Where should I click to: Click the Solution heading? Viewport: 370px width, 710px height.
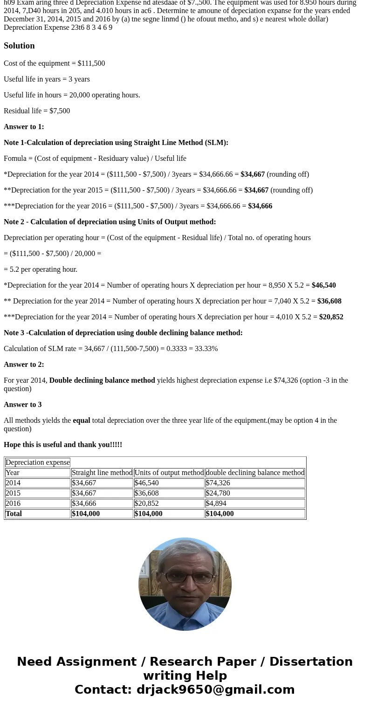[x=19, y=46]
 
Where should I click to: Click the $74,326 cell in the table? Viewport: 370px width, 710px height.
[x=218, y=483]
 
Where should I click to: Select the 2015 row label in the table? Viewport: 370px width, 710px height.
[x=13, y=493]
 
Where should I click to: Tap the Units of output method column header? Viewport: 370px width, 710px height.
[x=169, y=473]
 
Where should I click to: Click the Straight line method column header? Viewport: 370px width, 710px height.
[x=102, y=473]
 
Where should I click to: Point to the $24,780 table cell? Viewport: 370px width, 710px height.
[x=218, y=493]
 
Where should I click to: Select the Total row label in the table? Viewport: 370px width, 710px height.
[x=14, y=514]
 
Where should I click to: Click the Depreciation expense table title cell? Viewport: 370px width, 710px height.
[x=37, y=462]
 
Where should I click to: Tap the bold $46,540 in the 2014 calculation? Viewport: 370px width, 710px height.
[x=323, y=285]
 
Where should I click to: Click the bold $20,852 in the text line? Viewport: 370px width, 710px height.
[x=331, y=317]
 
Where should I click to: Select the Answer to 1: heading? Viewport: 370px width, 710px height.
[x=24, y=127]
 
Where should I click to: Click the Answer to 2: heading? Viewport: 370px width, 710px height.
[x=24, y=365]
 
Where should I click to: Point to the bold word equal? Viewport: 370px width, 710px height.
[x=81, y=420]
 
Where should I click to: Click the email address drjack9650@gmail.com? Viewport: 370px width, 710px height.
[x=215, y=689]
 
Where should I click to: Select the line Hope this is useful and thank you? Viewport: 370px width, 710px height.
[x=63, y=445]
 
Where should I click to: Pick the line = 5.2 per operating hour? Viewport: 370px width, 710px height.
[x=41, y=269]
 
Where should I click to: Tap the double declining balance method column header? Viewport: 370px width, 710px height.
[x=255, y=473]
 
